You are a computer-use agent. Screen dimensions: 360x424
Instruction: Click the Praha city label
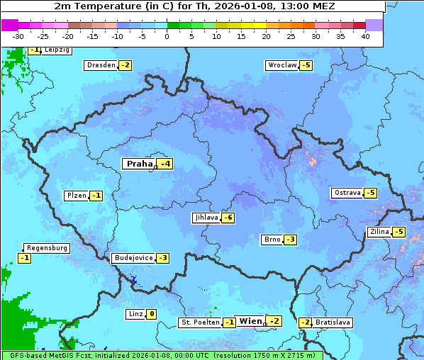coord(139,164)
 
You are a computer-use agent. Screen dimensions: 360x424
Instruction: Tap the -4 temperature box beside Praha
coord(164,164)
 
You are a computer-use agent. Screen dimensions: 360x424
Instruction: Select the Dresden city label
coord(101,65)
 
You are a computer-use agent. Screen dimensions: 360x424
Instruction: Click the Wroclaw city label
coord(281,65)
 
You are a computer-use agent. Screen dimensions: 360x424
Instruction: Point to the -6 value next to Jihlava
coord(228,218)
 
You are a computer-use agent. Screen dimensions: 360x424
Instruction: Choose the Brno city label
coord(272,240)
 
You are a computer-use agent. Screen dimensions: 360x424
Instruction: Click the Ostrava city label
coord(347,193)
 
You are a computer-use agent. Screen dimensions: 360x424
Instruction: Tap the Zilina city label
coord(379,232)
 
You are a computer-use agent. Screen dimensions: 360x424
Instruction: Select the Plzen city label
coord(76,196)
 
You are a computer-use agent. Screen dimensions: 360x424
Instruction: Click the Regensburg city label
coord(47,248)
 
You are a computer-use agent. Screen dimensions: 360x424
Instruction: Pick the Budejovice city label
coord(133,258)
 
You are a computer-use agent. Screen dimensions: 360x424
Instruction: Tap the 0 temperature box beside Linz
coord(151,314)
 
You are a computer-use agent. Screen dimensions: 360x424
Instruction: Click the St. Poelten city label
coord(199,322)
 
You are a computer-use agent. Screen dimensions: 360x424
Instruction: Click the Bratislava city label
coord(333,322)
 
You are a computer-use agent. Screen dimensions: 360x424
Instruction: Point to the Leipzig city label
coord(57,50)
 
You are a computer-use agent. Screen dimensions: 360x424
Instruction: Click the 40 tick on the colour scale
coord(365,36)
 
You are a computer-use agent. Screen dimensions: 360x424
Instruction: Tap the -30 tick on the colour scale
coord(18,36)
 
